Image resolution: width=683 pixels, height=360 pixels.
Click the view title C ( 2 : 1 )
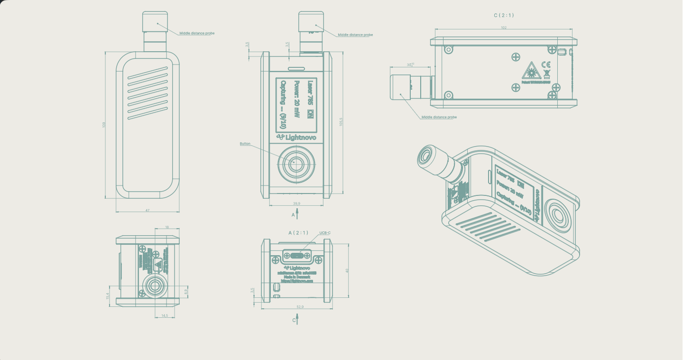(504, 15)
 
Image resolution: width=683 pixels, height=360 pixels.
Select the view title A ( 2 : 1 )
(298, 232)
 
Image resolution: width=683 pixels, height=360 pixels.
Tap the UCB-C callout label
(325, 233)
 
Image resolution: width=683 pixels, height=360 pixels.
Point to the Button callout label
(245, 143)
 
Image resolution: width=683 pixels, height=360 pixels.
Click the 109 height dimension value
(104, 125)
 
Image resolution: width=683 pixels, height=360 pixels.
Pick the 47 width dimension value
(147, 210)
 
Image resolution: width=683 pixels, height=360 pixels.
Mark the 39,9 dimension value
(296, 203)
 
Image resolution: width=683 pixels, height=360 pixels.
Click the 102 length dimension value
(504, 28)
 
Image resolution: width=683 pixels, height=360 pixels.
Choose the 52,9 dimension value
(300, 307)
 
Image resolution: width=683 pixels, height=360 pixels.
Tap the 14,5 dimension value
(165, 315)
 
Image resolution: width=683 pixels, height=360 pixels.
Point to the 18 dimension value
(167, 227)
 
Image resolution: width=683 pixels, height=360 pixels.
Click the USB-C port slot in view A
(297, 256)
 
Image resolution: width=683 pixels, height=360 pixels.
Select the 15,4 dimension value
(108, 295)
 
